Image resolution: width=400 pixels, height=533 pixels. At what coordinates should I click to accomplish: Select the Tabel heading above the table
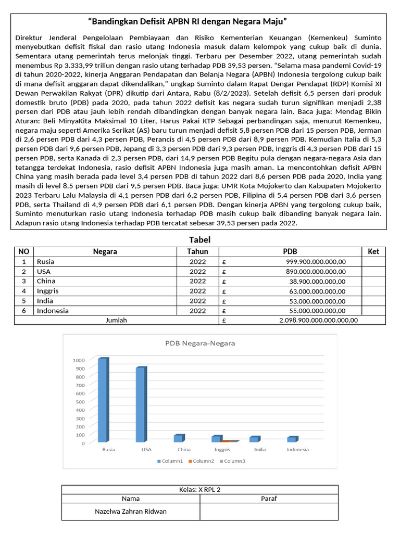199,239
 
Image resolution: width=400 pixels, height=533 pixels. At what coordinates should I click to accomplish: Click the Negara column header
105,251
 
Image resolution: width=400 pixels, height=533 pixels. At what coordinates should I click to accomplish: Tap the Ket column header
373,251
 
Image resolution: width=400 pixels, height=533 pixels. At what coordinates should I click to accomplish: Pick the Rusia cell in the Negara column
45,262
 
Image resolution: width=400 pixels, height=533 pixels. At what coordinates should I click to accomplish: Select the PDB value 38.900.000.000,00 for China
318,282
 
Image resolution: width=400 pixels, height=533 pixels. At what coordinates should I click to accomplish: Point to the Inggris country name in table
47,291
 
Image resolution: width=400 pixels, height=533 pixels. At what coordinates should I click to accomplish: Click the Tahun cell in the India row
198,301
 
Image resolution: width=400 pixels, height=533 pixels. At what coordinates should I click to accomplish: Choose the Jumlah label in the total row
116,321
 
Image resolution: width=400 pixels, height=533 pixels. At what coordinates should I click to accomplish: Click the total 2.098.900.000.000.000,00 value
318,321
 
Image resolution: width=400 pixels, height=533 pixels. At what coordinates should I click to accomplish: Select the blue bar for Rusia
103,400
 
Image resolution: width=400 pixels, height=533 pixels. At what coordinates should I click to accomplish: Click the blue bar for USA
140,404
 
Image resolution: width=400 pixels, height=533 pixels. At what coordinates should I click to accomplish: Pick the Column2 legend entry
203,461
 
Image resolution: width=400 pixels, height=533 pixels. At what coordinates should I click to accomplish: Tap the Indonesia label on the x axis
297,450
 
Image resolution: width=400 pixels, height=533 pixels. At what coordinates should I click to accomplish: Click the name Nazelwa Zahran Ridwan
131,511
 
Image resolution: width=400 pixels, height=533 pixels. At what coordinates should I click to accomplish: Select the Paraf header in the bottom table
268,499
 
